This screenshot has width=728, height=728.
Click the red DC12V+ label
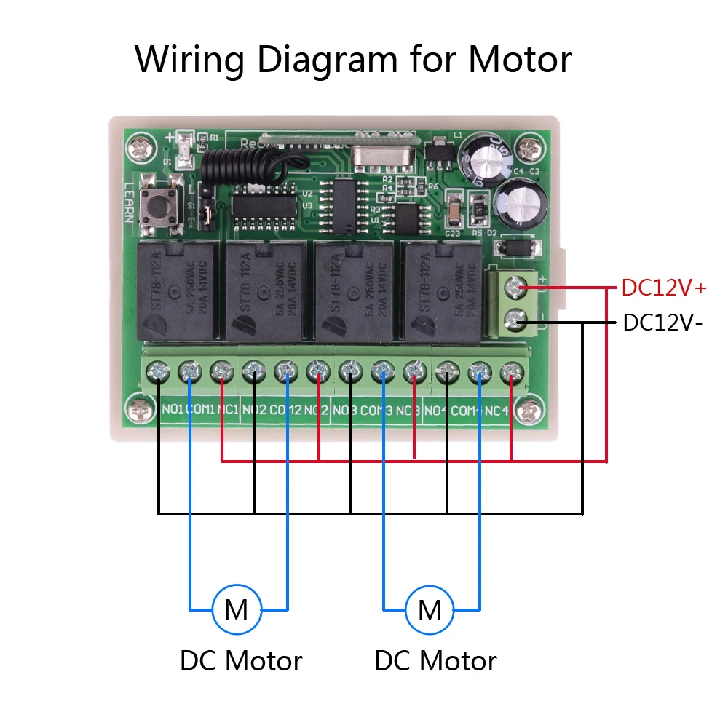coord(663,288)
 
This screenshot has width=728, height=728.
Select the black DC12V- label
coord(662,323)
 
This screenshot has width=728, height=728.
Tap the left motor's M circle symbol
coord(236,609)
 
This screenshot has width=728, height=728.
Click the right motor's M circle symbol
coord(430,609)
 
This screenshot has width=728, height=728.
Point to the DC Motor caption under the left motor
coord(241,661)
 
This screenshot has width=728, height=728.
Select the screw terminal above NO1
coord(158,373)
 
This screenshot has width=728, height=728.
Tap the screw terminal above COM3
coord(381,373)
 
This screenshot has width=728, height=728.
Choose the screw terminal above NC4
coord(510,373)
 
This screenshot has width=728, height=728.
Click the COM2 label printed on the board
coord(285,411)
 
